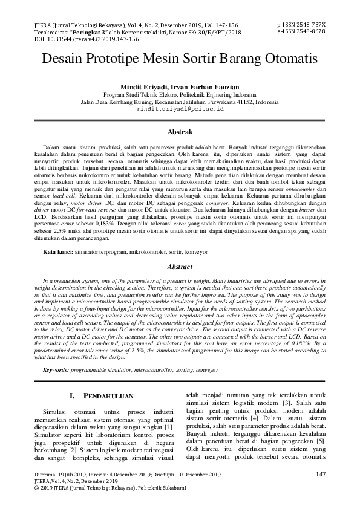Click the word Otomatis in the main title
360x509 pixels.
click(x=283, y=61)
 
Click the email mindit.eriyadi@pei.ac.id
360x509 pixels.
click(x=180, y=109)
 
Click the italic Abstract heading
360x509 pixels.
click(x=180, y=267)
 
